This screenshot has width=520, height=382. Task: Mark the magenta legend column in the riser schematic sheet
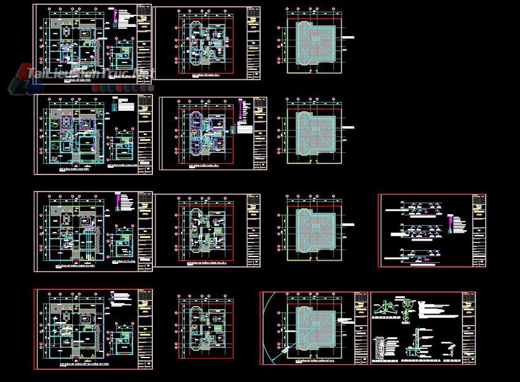451,224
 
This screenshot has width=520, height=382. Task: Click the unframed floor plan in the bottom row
206,328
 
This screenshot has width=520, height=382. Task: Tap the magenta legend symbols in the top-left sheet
115,18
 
